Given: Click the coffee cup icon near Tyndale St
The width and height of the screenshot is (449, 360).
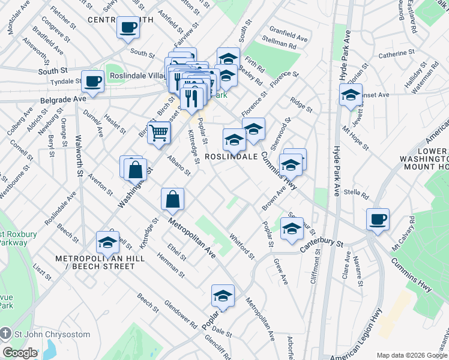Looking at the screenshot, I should [92, 82].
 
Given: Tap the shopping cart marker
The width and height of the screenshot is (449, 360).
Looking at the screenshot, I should [159, 133].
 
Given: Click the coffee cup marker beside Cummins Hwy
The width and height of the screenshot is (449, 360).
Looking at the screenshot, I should [378, 220].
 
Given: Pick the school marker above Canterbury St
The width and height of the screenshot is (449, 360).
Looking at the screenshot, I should [291, 229].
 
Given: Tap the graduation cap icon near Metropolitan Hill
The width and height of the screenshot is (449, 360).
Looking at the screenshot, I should [107, 242].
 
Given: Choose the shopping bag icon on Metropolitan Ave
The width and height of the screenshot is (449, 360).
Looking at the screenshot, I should [172, 200].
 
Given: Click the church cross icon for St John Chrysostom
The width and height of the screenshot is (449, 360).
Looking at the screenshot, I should [6, 334].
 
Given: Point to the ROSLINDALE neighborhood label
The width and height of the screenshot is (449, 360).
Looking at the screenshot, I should [232, 156].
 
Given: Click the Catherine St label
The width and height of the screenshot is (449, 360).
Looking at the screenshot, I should [393, 54].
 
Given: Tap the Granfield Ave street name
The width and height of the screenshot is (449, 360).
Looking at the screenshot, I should [288, 37].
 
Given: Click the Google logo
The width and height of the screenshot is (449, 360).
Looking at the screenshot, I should [20, 352].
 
